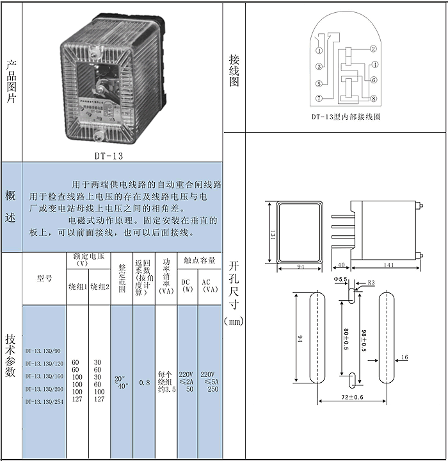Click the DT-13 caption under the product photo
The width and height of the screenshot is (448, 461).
tap(109, 155)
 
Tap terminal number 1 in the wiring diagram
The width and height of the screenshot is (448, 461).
tap(319, 51)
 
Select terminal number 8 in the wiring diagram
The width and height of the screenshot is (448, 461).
tap(374, 98)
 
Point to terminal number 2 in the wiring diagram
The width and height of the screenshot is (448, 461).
tap(374, 49)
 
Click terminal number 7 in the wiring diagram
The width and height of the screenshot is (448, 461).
tap(319, 98)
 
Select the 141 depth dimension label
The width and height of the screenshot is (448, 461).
tap(388, 265)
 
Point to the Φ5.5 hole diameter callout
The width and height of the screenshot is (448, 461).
tap(340, 280)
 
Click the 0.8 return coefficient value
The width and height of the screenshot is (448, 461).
tap(145, 382)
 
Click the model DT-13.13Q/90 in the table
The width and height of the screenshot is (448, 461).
tap(43, 351)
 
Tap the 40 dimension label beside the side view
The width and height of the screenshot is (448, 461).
tap(341, 265)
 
